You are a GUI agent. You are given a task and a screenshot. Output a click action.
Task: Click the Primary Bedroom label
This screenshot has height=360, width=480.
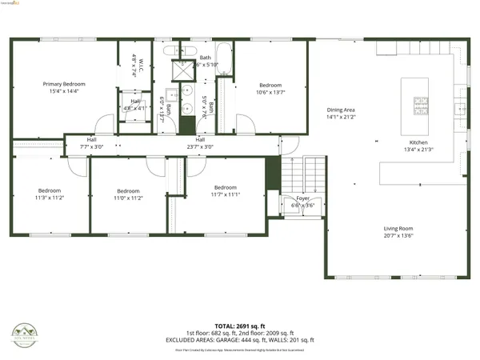tap(64, 84)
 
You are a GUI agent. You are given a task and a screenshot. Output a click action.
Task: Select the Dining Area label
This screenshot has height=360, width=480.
tap(340, 110)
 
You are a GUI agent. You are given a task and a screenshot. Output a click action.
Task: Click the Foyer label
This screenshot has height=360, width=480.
tap(303, 198)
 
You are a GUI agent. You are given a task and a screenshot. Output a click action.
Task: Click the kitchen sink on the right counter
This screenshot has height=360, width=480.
tap(460, 109)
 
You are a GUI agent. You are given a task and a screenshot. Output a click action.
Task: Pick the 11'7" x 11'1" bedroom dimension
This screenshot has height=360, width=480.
tap(226, 194)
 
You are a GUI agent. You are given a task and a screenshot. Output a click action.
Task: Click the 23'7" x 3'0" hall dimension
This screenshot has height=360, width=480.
tap(199, 146)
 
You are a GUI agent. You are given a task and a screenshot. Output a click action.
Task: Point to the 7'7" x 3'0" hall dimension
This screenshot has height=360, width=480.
tap(92, 146)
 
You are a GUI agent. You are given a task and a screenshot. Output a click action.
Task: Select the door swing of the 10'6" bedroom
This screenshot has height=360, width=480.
tap(247, 125)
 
